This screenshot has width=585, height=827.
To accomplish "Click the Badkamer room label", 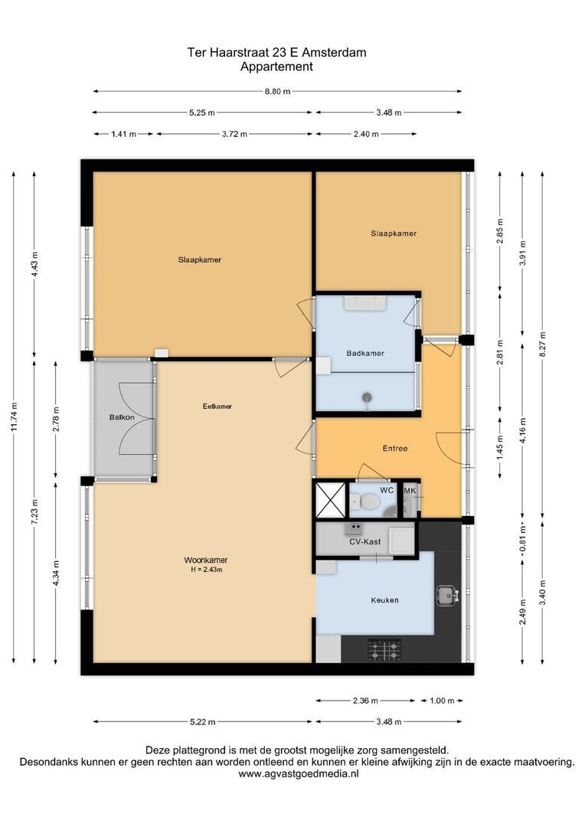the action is pos(365,353).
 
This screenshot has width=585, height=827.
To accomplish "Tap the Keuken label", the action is pos(384,600).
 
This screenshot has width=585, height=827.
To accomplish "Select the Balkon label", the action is pos(122,417).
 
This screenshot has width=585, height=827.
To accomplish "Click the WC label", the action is pos(387,490).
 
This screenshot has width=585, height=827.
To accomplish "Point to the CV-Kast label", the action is pos(365,541).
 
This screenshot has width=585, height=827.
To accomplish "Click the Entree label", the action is pos(395,448).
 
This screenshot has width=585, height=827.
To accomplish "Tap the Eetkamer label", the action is pos(217,406).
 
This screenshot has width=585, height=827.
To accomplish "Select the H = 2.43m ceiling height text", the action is pos(206,570).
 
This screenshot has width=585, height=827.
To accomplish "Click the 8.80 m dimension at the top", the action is pos(277,91).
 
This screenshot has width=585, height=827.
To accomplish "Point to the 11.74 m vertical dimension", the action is pos(14,417).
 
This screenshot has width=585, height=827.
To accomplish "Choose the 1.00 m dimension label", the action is pos(442,701).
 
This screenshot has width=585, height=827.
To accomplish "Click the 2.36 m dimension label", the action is pos(365,701).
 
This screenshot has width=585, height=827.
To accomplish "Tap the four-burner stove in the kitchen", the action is pos(384,650).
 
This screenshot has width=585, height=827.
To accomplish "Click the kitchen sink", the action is pos(447,596).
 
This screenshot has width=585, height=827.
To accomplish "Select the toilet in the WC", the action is pos(364,502).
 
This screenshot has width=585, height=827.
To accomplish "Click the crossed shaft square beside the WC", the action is pos(330,499).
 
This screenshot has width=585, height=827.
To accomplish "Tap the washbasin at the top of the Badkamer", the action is pos(365,302).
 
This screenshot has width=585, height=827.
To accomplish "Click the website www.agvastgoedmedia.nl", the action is pos(299,773).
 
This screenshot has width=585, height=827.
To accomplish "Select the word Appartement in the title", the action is pos(276,67).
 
